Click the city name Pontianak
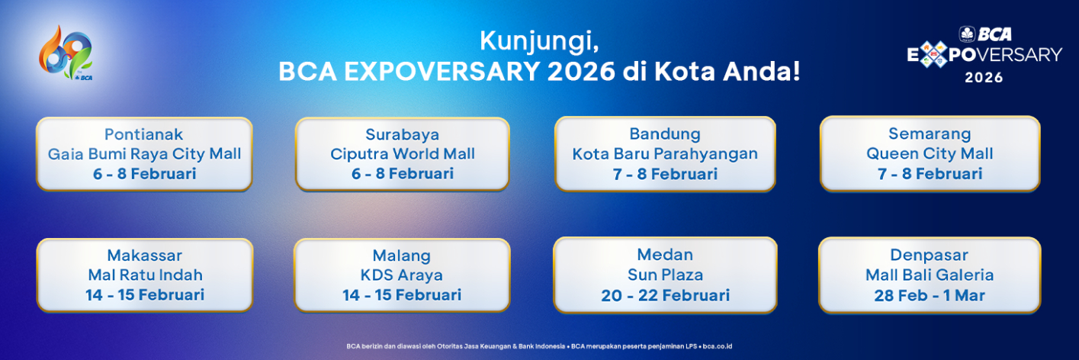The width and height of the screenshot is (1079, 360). click(144, 135)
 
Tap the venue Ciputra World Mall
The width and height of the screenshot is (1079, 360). click(402, 154)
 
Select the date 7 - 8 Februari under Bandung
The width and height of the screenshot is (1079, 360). click(664, 174)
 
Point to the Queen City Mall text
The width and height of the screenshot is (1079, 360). click(930, 154)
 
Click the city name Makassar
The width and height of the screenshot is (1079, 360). click(144, 256)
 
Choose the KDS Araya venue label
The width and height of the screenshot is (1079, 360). click(402, 275)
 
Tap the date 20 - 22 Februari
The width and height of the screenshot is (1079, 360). click(665, 295)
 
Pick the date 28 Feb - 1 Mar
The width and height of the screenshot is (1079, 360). click(930, 295)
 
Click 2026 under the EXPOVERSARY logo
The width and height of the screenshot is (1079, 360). click(984, 77)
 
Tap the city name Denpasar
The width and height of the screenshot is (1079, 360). click(929, 256)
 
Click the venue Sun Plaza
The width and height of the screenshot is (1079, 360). click(665, 275)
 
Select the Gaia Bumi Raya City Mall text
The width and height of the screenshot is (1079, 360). click(144, 154)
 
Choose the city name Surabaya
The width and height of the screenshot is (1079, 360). click(402, 135)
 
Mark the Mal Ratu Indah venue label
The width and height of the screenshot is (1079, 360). click(144, 275)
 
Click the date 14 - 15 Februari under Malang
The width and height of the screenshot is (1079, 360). click(402, 295)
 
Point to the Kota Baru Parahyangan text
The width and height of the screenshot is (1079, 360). click(665, 154)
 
